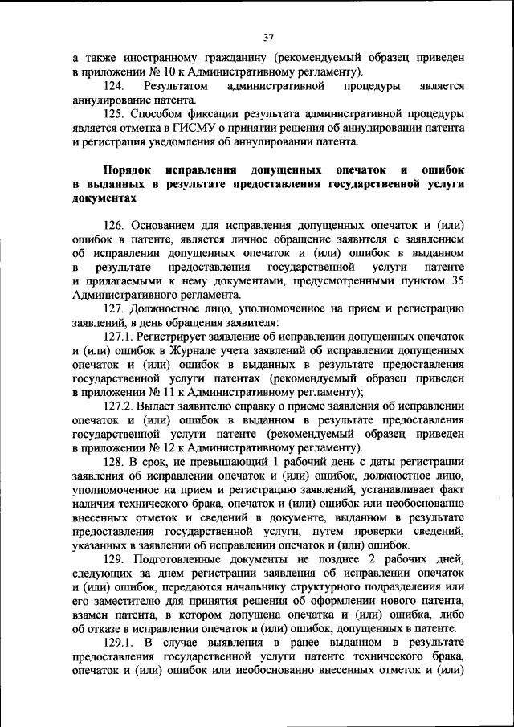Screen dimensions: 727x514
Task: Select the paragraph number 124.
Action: (116, 85)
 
